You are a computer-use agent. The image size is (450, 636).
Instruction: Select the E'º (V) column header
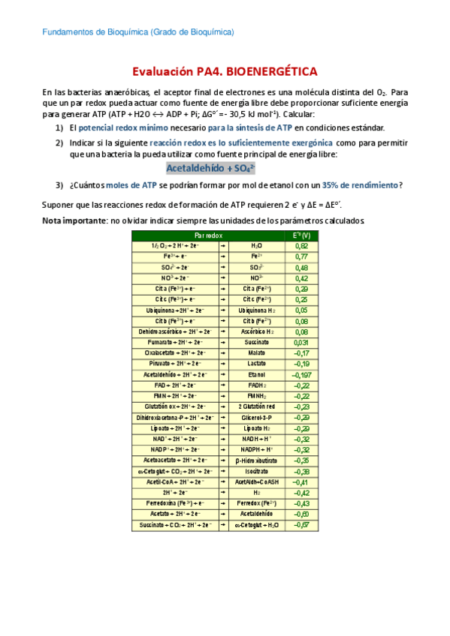301,235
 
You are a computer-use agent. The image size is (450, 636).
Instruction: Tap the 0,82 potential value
301,246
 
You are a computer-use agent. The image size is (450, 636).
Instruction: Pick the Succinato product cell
257,342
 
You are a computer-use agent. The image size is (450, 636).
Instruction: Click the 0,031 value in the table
301,342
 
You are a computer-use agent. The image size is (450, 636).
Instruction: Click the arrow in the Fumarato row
223,342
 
